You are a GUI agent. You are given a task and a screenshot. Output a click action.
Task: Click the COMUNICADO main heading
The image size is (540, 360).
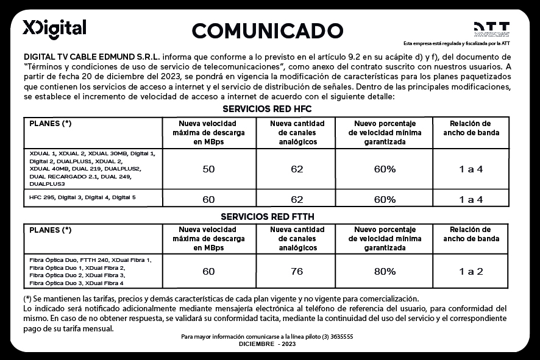[x=268, y=30]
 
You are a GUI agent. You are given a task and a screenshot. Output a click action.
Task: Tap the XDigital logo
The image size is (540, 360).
[x=54, y=28]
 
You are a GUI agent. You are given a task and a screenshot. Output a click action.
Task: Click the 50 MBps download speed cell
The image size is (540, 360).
[x=208, y=169]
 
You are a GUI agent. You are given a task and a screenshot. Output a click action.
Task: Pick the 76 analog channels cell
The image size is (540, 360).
[x=297, y=272]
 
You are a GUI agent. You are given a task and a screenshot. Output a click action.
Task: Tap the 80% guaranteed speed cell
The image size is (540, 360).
[x=385, y=272]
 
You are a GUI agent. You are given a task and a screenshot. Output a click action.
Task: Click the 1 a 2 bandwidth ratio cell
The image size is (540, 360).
[x=471, y=272]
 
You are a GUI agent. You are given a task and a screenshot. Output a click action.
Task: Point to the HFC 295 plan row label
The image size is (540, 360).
[x=82, y=197]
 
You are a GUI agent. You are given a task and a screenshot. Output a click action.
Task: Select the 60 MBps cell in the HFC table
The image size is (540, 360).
[x=208, y=199]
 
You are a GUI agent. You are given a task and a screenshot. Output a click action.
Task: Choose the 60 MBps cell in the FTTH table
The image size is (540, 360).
[x=208, y=272]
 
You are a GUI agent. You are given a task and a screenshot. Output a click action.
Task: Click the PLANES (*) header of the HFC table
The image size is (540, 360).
[x=51, y=123]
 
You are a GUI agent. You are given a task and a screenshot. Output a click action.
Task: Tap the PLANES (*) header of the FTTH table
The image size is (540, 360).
[x=51, y=230]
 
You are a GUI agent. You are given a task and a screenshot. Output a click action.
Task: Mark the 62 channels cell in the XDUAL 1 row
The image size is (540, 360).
[x=297, y=169]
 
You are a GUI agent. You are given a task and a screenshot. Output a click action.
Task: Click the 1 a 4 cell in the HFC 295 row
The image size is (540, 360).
[x=471, y=199]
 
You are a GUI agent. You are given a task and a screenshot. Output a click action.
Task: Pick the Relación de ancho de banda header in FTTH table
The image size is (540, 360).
[x=471, y=235]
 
